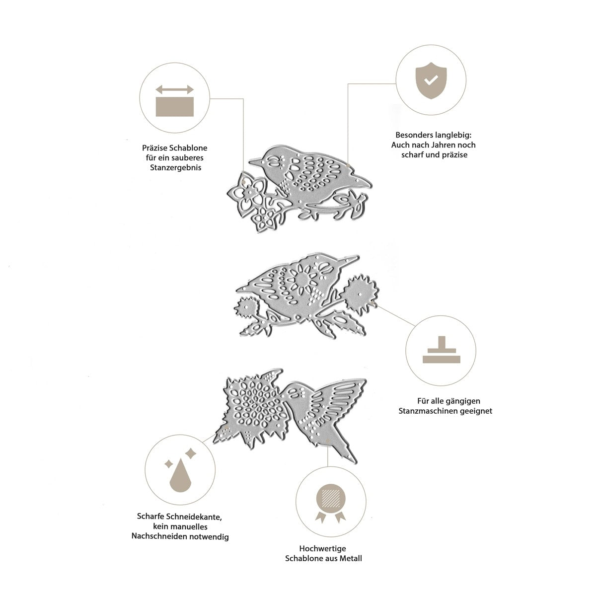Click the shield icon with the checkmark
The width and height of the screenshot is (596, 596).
431,80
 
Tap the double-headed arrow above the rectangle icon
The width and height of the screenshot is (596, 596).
174,90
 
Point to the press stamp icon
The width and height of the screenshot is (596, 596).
442,350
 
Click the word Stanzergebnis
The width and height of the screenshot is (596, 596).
176,168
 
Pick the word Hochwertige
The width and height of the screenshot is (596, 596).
323,548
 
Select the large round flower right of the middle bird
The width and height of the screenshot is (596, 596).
360,294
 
